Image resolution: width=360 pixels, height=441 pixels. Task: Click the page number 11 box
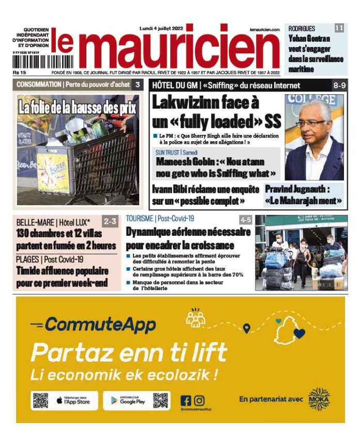pos(339,28)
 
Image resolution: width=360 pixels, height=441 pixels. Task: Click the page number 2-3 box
pos(110,221)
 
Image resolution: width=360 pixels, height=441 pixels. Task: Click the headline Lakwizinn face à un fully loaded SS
pos(216,112)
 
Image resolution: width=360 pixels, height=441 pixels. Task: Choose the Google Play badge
pos(127,400)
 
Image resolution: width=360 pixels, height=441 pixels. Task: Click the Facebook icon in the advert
pos(186,400)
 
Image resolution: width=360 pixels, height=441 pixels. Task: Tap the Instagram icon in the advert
pos(199,400)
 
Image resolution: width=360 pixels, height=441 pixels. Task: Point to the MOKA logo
pos(319,399)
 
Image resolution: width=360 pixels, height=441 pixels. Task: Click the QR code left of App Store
pos(40,400)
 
